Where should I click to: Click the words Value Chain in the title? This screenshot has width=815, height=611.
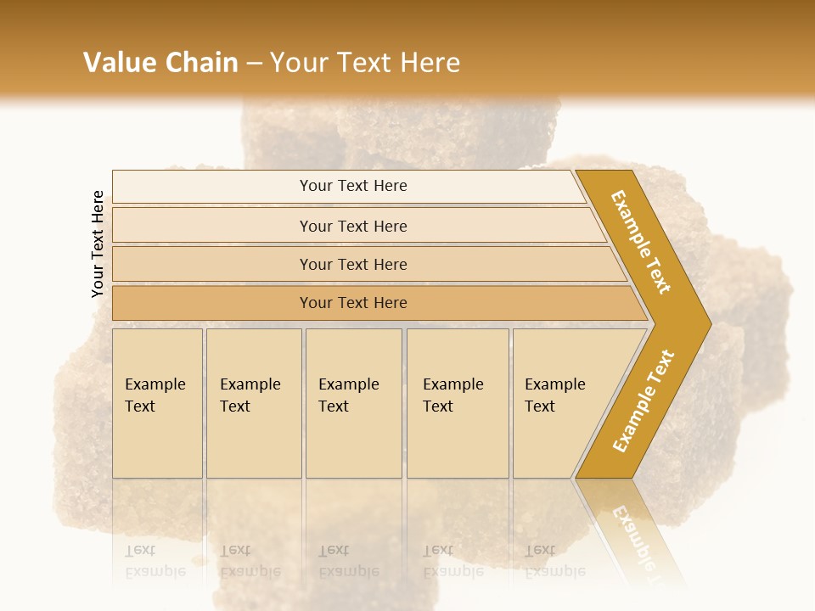pyautogui.click(x=160, y=62)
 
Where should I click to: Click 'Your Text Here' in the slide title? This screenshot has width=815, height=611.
pyautogui.click(x=365, y=62)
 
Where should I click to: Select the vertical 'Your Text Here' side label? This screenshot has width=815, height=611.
pyautogui.click(x=98, y=244)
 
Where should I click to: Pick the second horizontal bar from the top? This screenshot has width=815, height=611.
pyautogui.click(x=353, y=226)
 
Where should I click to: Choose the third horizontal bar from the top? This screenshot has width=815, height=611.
pyautogui.click(x=353, y=264)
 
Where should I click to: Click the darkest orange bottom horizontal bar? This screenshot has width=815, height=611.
pyautogui.click(x=353, y=303)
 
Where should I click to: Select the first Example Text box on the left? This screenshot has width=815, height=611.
pyautogui.click(x=157, y=403)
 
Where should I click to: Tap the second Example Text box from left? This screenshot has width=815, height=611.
pyautogui.click(x=253, y=403)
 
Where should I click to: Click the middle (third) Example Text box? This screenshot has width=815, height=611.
pyautogui.click(x=353, y=403)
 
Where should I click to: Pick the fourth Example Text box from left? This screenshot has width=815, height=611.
pyautogui.click(x=457, y=403)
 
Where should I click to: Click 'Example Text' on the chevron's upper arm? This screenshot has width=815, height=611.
pyautogui.click(x=641, y=242)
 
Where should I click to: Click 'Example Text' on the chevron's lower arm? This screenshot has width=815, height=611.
pyautogui.click(x=643, y=401)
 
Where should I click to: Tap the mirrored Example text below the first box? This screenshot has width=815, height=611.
pyautogui.click(x=155, y=561)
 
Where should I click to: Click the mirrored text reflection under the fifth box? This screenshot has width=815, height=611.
pyautogui.click(x=554, y=561)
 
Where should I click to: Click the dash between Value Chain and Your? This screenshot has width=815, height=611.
pyautogui.click(x=254, y=63)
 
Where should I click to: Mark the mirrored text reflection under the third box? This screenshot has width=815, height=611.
pyautogui.click(x=348, y=561)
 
